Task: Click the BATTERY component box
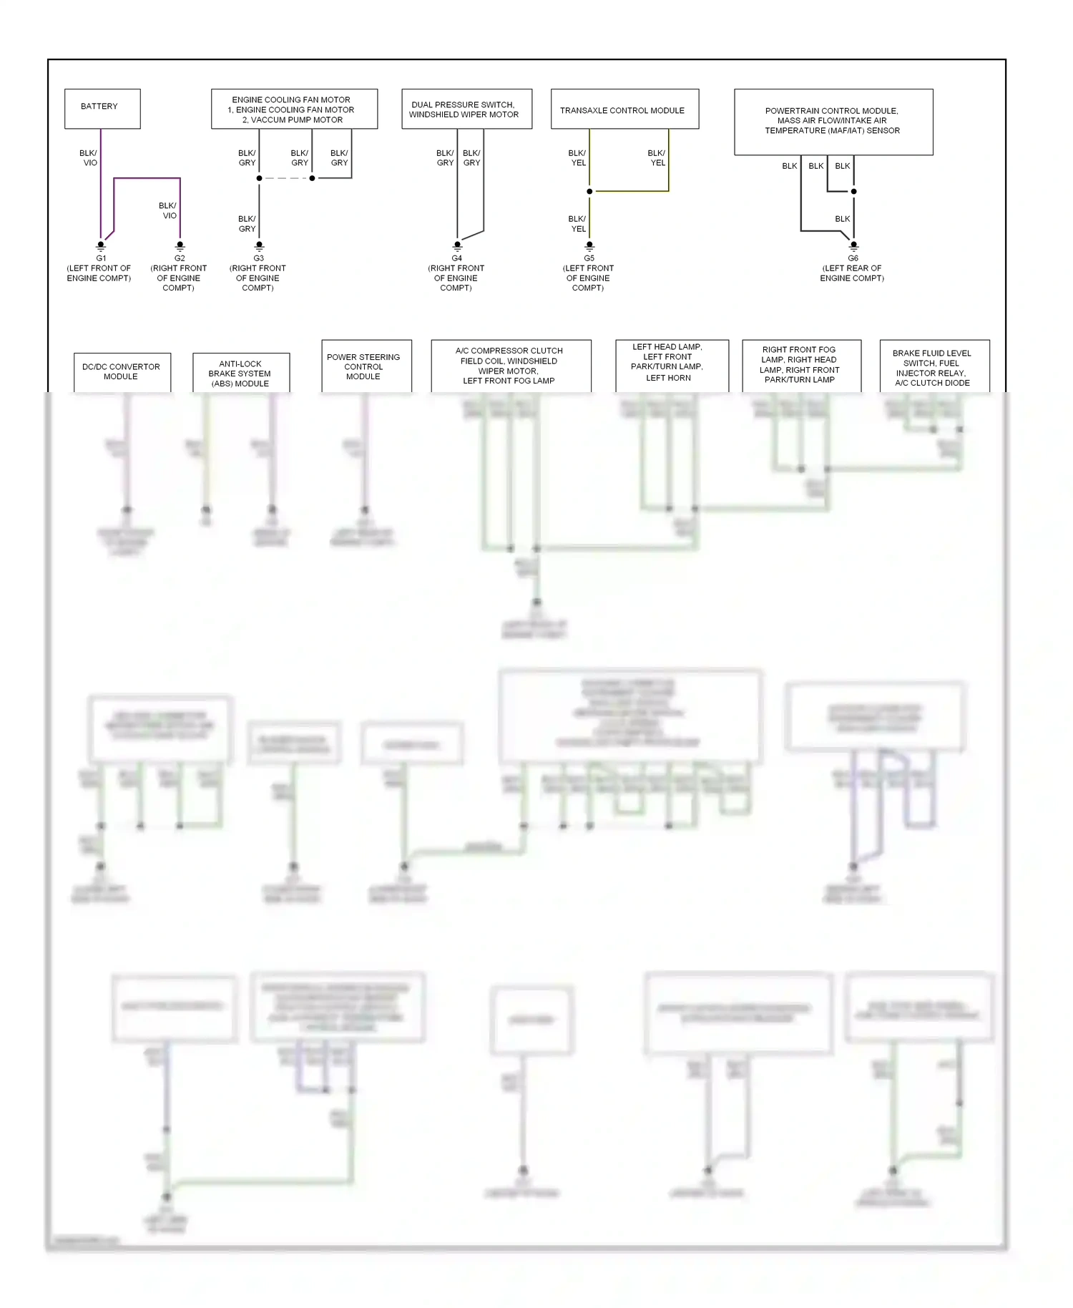(x=102, y=109)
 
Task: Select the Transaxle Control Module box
(x=624, y=109)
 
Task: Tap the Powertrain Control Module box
(x=833, y=122)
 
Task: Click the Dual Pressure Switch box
(x=466, y=109)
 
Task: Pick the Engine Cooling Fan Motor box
(x=294, y=109)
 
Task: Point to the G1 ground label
(x=101, y=258)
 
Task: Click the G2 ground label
(x=180, y=258)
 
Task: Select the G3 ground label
(x=258, y=258)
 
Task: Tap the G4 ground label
(x=456, y=258)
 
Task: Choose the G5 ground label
(x=589, y=258)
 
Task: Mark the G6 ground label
(x=853, y=258)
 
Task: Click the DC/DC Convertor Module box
(x=122, y=372)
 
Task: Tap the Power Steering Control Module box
(x=366, y=366)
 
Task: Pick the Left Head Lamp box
(x=672, y=365)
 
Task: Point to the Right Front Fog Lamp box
(x=801, y=366)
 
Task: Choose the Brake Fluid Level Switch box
(x=934, y=368)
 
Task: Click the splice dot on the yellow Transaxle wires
(x=589, y=192)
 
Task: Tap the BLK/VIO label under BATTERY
(x=89, y=158)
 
